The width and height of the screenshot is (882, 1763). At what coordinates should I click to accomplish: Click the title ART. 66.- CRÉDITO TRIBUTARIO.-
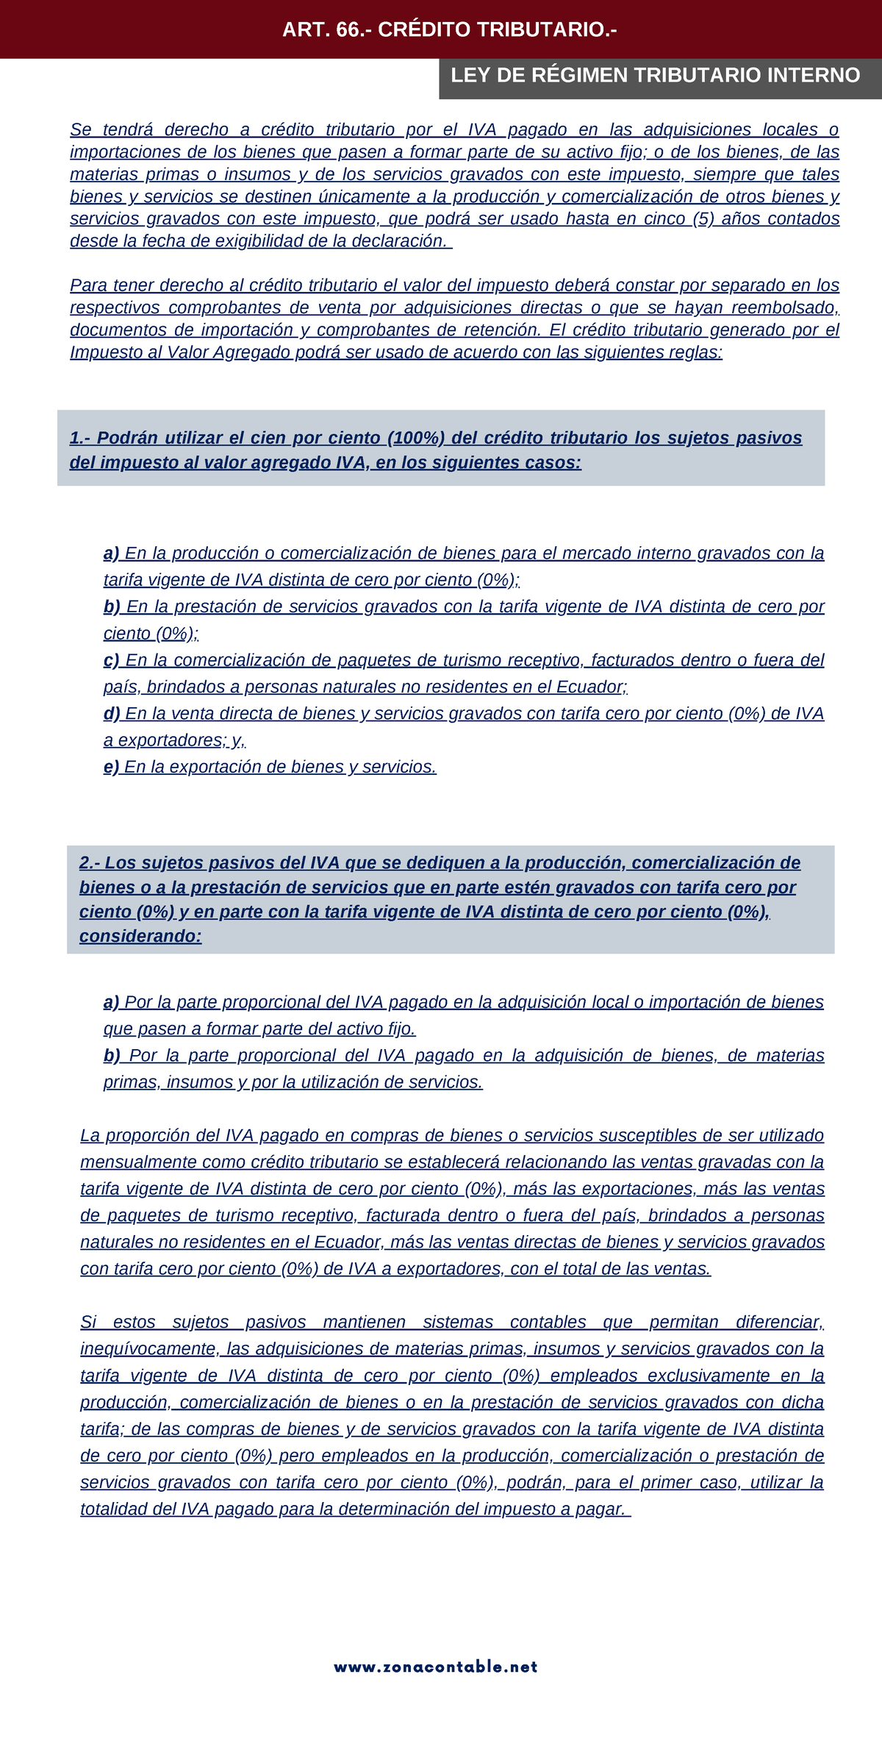point(449,30)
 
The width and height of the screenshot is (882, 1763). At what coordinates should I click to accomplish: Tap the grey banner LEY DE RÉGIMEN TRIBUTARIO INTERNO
point(655,76)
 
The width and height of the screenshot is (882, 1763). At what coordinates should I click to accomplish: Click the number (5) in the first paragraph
point(703,219)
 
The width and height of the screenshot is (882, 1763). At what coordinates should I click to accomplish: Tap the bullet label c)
point(112,660)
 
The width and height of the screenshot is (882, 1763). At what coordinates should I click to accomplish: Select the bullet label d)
point(112,714)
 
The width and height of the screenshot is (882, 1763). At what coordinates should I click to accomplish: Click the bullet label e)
point(111,768)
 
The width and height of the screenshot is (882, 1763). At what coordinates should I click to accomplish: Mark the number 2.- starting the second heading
point(92,863)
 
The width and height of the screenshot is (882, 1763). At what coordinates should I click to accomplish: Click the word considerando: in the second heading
point(140,937)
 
